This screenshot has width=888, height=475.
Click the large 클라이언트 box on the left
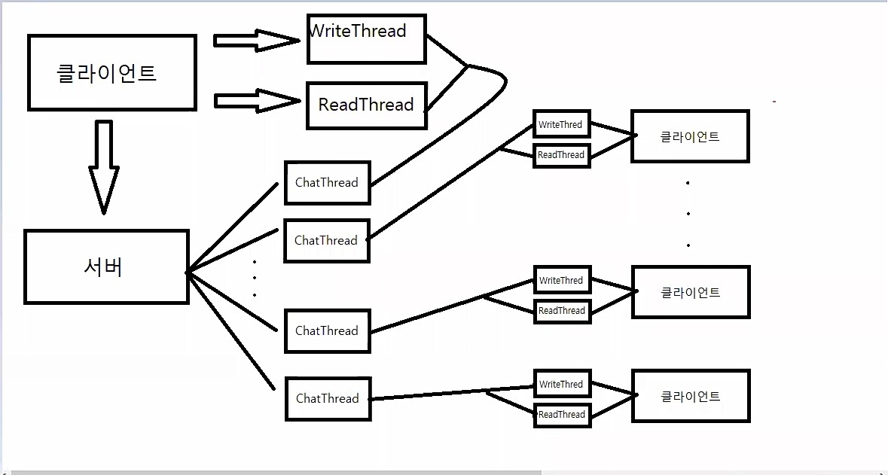[x=112, y=73]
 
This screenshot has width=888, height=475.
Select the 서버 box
[x=106, y=267]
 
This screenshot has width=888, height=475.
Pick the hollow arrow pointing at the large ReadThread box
[x=256, y=101]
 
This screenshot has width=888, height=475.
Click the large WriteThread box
[x=367, y=38]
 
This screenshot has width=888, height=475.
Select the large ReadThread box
[x=367, y=105]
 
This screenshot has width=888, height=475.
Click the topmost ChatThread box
[x=327, y=183]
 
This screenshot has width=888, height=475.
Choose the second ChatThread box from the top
[x=326, y=241]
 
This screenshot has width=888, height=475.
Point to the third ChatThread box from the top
[x=327, y=331]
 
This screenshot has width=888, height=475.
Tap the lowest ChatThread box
[x=328, y=399]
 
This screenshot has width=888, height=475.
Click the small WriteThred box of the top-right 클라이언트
[x=561, y=125]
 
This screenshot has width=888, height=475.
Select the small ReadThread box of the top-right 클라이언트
[x=561, y=155]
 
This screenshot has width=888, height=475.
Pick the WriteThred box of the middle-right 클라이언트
[x=561, y=281]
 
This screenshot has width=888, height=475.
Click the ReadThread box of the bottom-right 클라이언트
[x=562, y=415]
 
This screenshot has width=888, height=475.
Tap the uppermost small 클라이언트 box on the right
[x=690, y=136]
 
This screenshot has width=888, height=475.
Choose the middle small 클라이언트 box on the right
[x=691, y=292]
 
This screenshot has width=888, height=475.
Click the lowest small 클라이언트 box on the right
[x=691, y=396]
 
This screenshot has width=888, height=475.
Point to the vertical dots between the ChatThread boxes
[x=255, y=279]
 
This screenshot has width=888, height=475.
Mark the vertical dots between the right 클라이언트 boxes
[x=688, y=214]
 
